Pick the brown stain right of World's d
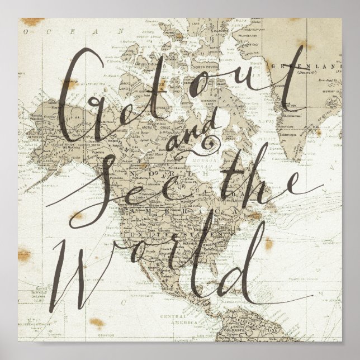pyautogui.click(x=268, y=243)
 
